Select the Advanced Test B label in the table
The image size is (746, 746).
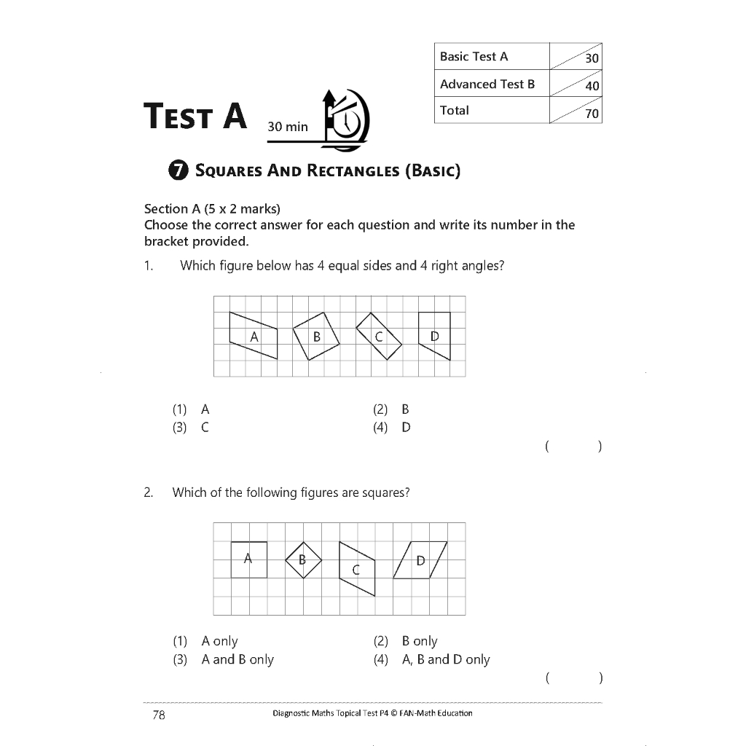pos(487,84)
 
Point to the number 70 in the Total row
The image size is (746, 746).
pos(592,114)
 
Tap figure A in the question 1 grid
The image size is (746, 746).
pos(254,336)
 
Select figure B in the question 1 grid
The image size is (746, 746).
pos(317,336)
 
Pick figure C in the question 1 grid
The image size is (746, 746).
pos(379,336)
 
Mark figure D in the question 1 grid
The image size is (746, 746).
pos(435,336)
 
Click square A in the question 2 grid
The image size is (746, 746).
pos(248,559)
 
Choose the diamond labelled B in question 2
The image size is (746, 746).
pos(302,559)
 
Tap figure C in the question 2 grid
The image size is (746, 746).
pos(357,569)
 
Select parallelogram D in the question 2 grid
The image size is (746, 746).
pos(420,560)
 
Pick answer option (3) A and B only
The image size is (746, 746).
pos(223,659)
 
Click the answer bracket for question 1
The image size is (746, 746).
pos(573,446)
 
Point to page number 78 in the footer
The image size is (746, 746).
pos(159,715)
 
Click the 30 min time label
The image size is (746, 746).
pos(288,127)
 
